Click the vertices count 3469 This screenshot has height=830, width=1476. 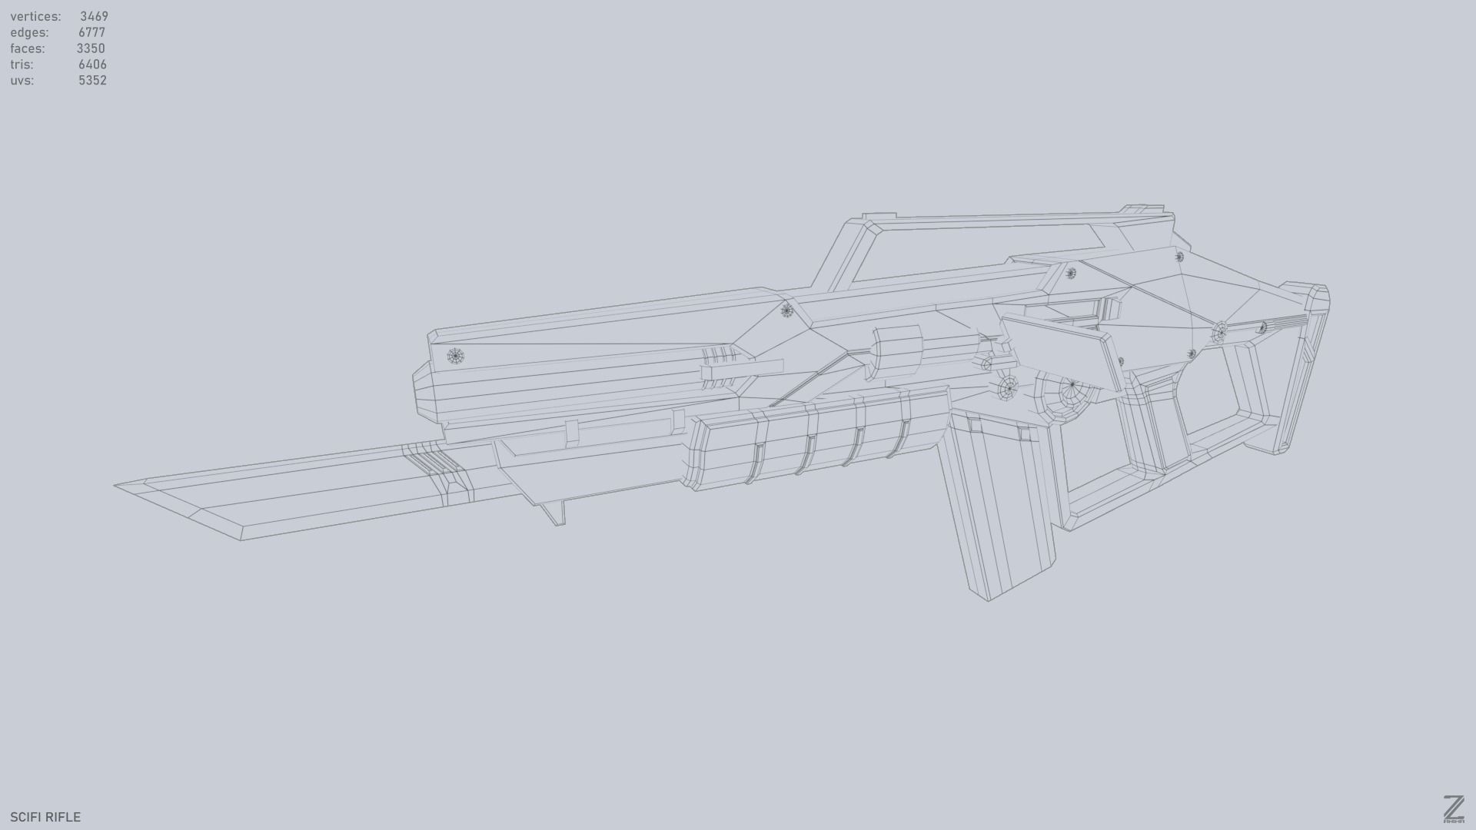click(x=94, y=16)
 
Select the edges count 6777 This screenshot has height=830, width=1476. click(x=91, y=32)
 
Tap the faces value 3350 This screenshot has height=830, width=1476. click(x=91, y=48)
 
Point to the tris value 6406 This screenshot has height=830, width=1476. click(x=92, y=65)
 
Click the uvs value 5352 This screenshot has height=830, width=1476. click(x=92, y=81)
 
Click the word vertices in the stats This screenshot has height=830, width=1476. click(x=35, y=16)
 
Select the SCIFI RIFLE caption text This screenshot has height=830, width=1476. click(x=45, y=817)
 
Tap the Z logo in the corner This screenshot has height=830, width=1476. click(x=1453, y=809)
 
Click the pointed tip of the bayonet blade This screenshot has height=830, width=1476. click(x=118, y=486)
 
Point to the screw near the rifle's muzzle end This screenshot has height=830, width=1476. click(x=456, y=357)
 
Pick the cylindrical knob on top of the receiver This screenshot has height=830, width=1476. click(x=896, y=351)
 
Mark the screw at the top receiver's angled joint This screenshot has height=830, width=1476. click(x=786, y=310)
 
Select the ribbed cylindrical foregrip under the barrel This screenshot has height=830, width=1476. click(x=815, y=440)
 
